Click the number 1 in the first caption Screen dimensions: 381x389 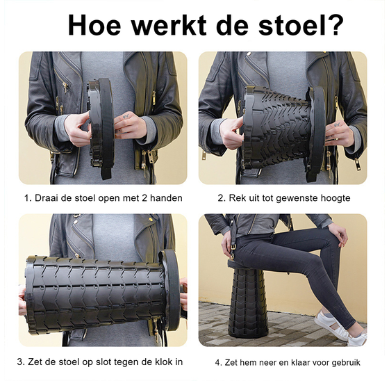pos(27,198)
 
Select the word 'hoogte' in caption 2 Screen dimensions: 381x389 pos(334,198)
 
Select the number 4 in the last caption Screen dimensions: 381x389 pos(217,362)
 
